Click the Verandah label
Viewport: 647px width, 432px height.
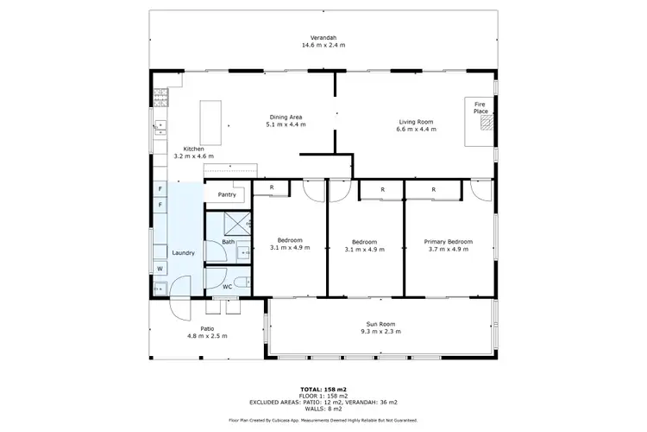click(x=323, y=37)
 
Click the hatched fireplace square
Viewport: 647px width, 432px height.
click(x=487, y=124)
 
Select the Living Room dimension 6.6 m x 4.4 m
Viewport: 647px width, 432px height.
click(x=416, y=130)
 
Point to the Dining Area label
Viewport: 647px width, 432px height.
click(x=286, y=117)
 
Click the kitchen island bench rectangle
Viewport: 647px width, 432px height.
click(x=210, y=123)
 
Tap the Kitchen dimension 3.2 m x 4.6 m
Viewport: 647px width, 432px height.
click(x=194, y=156)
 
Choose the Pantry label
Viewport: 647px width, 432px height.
click(x=227, y=194)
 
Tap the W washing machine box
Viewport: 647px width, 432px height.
click(x=160, y=269)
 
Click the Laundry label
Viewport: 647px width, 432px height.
click(x=183, y=252)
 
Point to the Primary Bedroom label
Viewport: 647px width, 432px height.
click(x=447, y=241)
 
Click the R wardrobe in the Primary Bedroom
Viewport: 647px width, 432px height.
click(x=433, y=188)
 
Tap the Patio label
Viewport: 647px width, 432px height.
click(x=207, y=328)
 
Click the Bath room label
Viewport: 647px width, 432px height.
click(x=228, y=242)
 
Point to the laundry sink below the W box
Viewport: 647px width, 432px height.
click(x=160, y=287)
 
